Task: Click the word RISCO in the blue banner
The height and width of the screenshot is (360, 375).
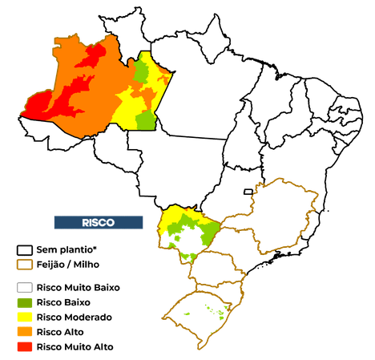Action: [99, 222]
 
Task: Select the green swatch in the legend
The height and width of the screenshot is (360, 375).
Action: [25, 303]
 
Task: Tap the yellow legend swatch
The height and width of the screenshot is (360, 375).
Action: [25, 318]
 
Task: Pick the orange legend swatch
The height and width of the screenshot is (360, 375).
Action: [25, 332]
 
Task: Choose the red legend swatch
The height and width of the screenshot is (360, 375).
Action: [25, 346]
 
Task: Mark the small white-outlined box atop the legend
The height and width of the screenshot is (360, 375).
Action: [25, 251]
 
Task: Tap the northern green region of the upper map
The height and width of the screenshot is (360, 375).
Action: [142, 72]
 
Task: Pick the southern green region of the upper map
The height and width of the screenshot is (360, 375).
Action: [146, 120]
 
